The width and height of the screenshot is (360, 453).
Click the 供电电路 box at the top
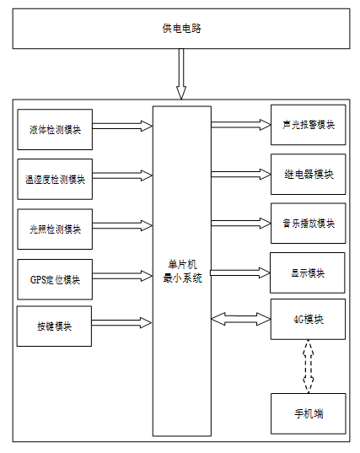tap(181, 29)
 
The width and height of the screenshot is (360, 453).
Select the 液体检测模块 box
tap(55, 129)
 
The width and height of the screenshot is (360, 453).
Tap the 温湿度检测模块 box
tap(55, 179)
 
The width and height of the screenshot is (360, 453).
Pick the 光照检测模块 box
tap(55, 229)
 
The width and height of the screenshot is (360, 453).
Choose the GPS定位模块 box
tap(55, 279)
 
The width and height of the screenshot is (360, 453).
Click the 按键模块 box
tap(54, 326)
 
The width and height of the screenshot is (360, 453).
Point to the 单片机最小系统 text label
tap(182, 272)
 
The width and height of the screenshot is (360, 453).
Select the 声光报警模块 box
tap(308, 125)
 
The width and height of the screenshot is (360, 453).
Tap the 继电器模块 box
tap(308, 175)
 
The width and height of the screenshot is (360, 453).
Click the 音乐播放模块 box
tap(308, 224)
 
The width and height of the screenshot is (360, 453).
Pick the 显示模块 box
tap(308, 273)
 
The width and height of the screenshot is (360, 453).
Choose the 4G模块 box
tap(308, 319)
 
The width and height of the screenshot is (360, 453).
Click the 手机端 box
tap(308, 413)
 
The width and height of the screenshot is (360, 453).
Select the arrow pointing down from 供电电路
tap(181, 74)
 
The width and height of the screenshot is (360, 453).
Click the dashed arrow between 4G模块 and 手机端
tap(308, 366)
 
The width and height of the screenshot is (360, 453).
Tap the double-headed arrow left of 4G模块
tap(241, 319)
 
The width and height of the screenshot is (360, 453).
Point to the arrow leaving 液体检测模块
tap(122, 127)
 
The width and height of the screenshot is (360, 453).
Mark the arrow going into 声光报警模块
tap(241, 125)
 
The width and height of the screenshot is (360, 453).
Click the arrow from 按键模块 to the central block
tap(121, 323)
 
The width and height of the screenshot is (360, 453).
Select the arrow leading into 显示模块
tap(240, 273)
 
